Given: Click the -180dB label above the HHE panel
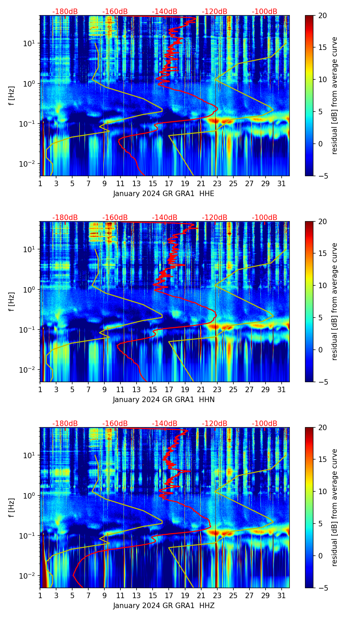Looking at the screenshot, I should [x=65, y=12].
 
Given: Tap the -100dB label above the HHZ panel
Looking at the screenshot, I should [x=265, y=424].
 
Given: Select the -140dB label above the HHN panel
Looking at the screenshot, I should [x=165, y=218].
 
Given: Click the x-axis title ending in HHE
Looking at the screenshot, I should [x=164, y=194].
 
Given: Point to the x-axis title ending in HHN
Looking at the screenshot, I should [x=164, y=400].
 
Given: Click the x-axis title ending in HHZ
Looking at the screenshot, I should [x=164, y=606].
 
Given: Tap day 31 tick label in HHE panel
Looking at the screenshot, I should [x=282, y=184].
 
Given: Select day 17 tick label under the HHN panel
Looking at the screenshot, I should [x=169, y=390].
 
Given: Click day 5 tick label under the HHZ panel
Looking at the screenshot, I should [x=72, y=596].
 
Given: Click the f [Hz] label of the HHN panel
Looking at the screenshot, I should [x=12, y=301].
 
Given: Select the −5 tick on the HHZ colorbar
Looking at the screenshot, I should [x=322, y=588].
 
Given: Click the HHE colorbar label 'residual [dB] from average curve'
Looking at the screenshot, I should [x=334, y=95].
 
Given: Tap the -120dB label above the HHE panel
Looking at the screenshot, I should [x=215, y=12].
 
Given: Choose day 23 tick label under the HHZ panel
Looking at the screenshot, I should [x=217, y=596].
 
